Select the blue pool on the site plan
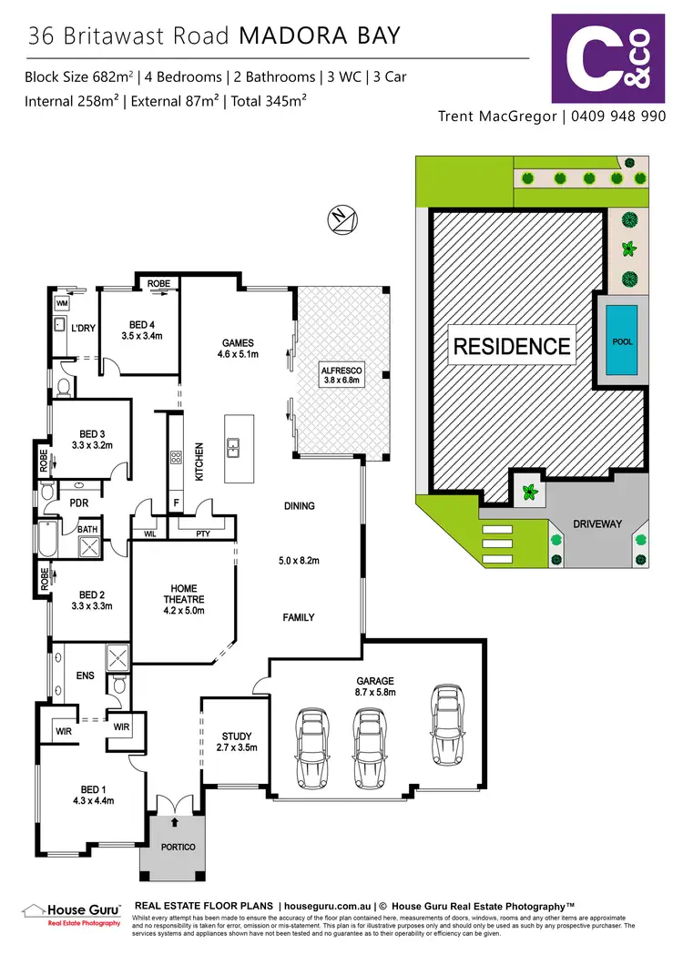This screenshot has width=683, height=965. [622, 340]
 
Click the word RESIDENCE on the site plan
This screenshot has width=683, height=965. [512, 346]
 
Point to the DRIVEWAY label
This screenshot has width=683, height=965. [596, 524]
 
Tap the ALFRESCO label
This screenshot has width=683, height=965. [342, 375]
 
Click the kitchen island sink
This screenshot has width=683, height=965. [233, 447]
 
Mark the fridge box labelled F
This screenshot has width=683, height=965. [176, 503]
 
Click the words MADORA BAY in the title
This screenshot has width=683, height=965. [319, 37]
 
